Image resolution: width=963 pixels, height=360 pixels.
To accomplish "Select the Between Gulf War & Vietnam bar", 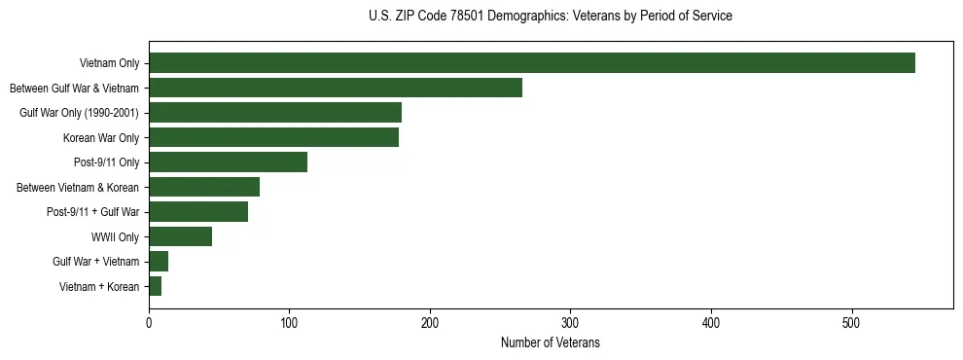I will tap(335, 88).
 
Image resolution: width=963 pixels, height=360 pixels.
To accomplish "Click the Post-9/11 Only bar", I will tap(228, 162).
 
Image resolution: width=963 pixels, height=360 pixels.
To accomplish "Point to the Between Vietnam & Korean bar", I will tap(204, 187).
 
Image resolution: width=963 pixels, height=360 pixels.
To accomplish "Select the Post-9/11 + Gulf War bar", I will tap(198, 212).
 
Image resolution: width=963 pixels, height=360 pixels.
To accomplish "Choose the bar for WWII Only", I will tap(180, 236).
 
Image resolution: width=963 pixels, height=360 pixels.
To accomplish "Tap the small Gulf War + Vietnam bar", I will tap(159, 262).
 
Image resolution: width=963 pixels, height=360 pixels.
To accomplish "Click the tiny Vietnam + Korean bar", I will tap(155, 286).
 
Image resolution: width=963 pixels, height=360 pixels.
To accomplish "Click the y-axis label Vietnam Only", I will tap(109, 63).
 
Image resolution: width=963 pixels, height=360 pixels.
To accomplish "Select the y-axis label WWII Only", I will tap(115, 236).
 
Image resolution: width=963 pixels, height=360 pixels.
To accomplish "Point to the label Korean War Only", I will tap(101, 137).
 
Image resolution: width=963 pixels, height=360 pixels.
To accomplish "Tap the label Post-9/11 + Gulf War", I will tap(92, 212).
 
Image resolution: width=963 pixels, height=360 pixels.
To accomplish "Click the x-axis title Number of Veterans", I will tap(550, 342).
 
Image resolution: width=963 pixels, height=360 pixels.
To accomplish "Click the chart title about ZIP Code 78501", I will tap(550, 16).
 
